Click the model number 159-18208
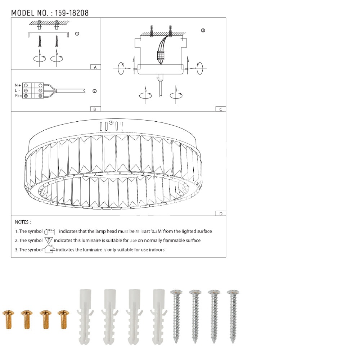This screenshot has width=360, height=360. click(72, 13)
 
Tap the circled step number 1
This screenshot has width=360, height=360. click(77, 34)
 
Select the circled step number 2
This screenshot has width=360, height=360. click(95, 91)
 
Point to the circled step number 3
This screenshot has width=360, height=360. click(203, 31)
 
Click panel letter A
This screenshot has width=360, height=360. click(95, 67)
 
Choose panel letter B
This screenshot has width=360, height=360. click(95, 109)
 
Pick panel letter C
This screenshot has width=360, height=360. click(221, 109)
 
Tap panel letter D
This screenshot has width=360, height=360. click(221, 214)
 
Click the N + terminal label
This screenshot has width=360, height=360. click(18, 85)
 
